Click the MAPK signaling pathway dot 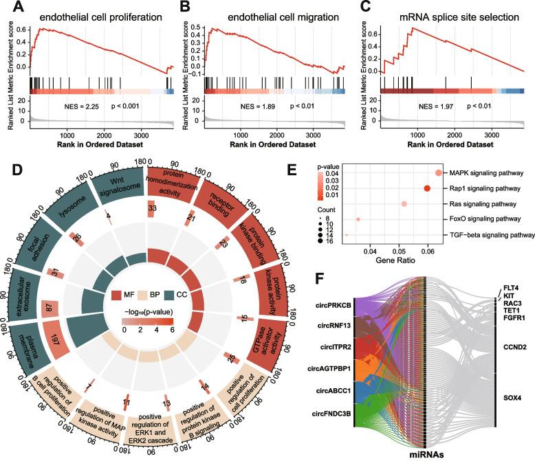[x=439, y=173]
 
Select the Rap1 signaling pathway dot [x=427, y=188]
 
